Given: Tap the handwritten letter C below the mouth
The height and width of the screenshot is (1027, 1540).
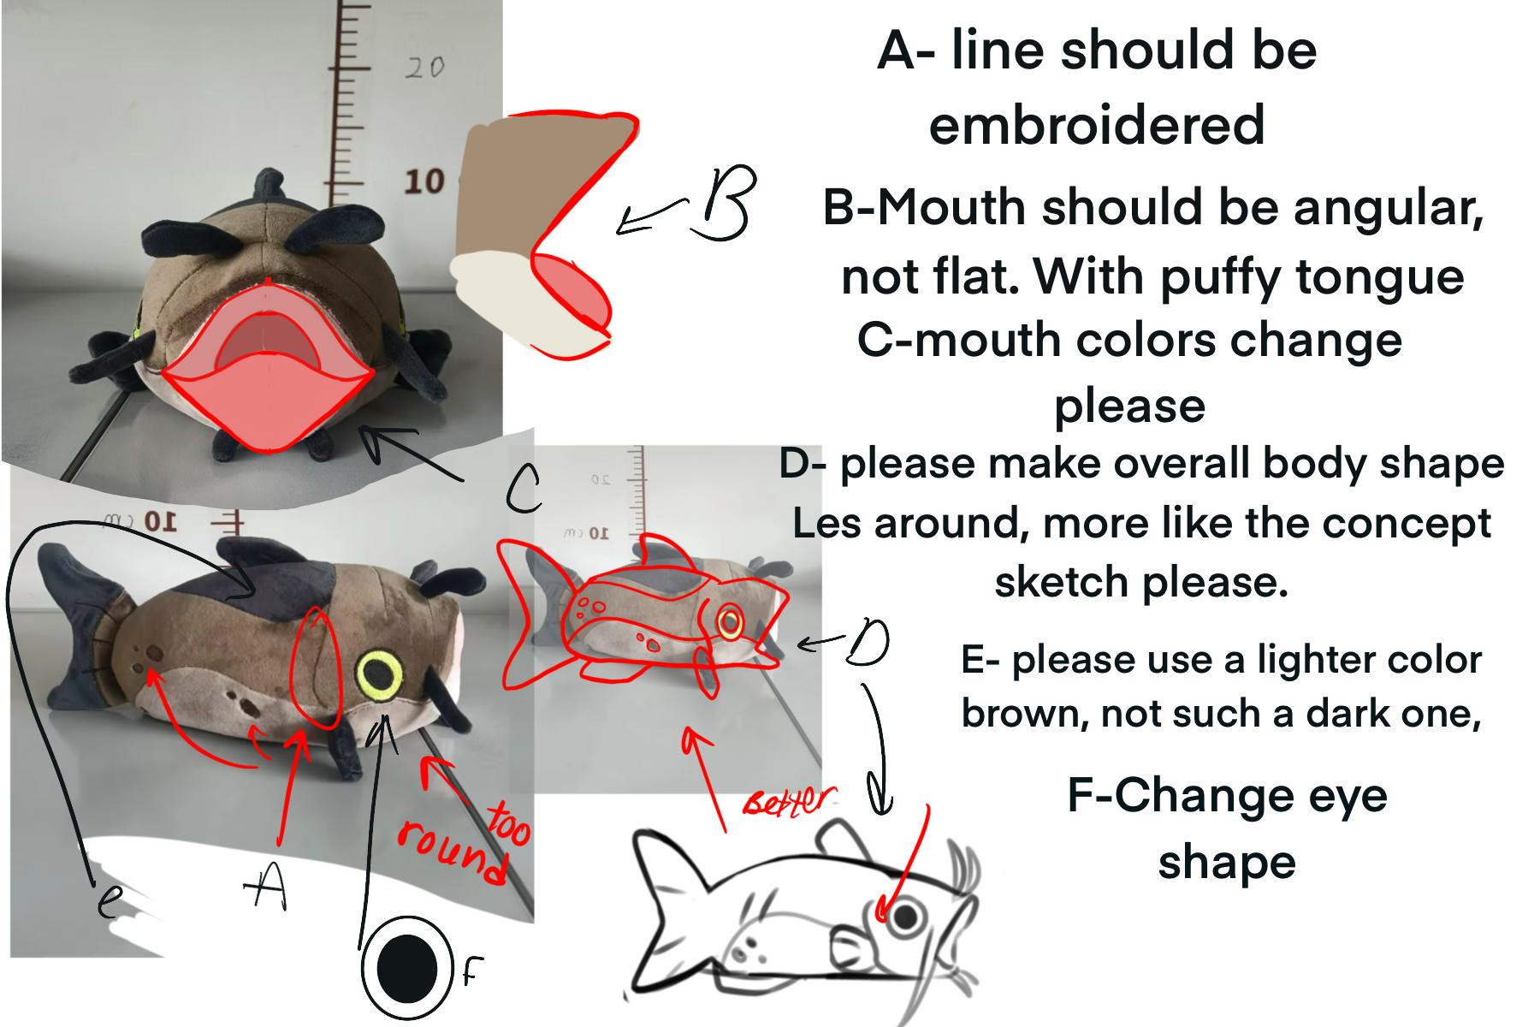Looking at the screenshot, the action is coord(523,490).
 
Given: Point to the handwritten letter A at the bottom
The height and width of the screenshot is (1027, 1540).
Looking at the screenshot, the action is coord(264,885).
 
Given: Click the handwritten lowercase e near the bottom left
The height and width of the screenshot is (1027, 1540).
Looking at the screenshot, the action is coord(108,900).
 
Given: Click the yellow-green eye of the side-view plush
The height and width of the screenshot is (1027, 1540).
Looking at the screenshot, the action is coord(379,674).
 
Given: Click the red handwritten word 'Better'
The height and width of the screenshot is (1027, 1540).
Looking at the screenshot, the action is coord(786,801).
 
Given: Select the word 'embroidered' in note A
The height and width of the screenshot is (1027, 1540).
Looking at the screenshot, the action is coord(1096,125).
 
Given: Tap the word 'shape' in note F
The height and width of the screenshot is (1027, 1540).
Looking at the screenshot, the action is coord(1227,863).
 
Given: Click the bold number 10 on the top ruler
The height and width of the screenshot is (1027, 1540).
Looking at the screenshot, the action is coord(424,181).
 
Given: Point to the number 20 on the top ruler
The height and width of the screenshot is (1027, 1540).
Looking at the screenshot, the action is coord(424,67).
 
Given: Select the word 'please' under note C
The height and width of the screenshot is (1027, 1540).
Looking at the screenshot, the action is coord(1129,406).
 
